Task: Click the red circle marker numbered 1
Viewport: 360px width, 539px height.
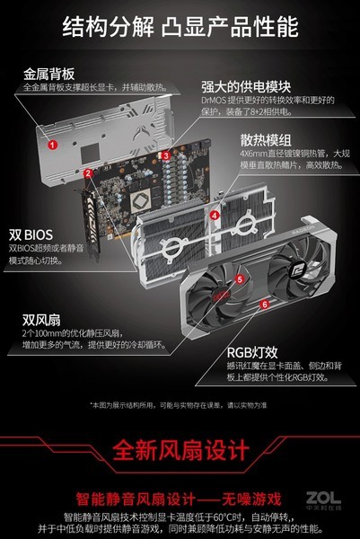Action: pos(53,144)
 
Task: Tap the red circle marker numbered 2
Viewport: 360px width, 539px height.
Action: pos(88,173)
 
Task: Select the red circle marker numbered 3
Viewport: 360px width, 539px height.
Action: pos(166,156)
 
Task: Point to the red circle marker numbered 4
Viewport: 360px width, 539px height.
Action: pos(214,216)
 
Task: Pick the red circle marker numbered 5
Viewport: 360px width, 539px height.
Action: pos(239,279)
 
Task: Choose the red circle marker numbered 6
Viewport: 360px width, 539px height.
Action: pos(264,305)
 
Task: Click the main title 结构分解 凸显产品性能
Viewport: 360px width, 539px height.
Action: pos(180,28)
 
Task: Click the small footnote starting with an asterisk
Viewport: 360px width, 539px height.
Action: pos(180,405)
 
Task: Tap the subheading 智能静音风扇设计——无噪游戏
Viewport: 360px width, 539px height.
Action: pos(180,497)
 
